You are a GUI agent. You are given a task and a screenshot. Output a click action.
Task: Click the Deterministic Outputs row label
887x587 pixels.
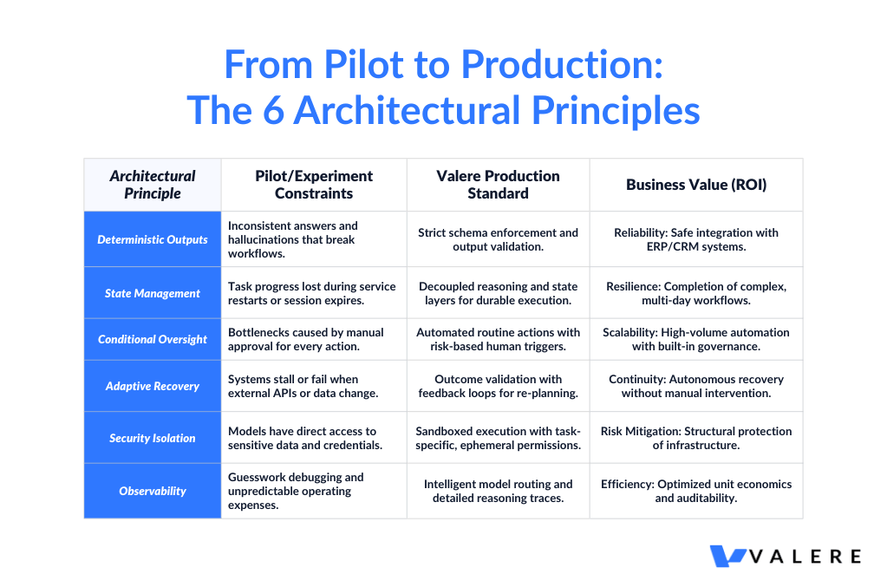tap(153, 239)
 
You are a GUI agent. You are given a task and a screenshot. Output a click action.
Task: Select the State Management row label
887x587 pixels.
tap(153, 293)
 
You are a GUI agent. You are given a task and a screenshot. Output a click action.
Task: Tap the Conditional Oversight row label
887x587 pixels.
tap(153, 339)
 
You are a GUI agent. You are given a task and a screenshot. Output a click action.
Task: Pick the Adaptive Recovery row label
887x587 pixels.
tap(153, 386)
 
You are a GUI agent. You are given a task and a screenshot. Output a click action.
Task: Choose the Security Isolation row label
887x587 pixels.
tap(153, 438)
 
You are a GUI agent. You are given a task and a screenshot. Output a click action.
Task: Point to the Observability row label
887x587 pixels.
tap(153, 491)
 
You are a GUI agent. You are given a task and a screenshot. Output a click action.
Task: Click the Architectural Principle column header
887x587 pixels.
tap(153, 185)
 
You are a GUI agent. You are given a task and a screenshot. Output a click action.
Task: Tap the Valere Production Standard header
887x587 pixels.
tap(498, 185)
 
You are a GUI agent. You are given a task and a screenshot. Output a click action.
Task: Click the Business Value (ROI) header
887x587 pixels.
tap(696, 185)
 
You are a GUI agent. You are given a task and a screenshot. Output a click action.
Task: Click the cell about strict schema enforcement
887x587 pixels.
tap(498, 239)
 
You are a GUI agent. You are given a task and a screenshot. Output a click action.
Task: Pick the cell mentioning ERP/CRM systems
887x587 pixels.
tap(696, 239)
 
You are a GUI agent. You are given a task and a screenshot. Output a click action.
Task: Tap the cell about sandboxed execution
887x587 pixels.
tap(498, 438)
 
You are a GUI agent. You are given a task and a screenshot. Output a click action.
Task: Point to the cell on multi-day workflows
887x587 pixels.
tap(696, 293)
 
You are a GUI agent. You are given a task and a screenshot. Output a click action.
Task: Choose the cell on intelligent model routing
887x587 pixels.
tap(498, 491)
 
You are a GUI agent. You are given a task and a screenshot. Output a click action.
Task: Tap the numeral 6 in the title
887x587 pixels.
tap(269, 111)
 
